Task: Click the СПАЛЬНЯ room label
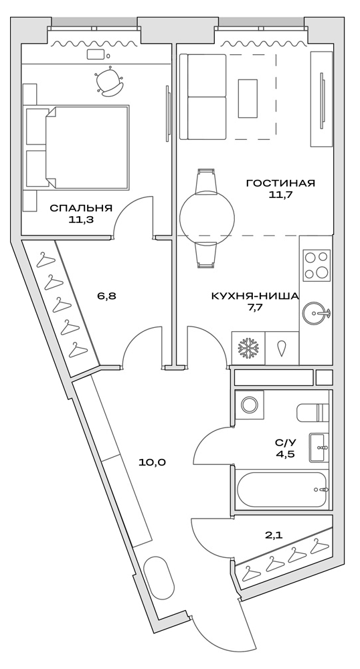coord(80,207)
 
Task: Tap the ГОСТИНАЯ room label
coord(280,183)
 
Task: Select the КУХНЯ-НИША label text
coord(254,296)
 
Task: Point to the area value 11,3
coord(80,219)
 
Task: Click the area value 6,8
coord(106,295)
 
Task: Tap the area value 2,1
coord(274,535)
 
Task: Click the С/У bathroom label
coord(285,443)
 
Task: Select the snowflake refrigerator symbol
coord(248,349)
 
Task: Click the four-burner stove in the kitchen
coord(316,265)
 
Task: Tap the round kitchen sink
coord(316,312)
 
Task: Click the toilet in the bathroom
coord(312,413)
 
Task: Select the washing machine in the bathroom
coord(250,405)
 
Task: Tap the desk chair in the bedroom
coord(109,82)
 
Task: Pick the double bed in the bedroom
coord(77,147)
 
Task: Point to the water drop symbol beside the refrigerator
coord(282,349)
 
